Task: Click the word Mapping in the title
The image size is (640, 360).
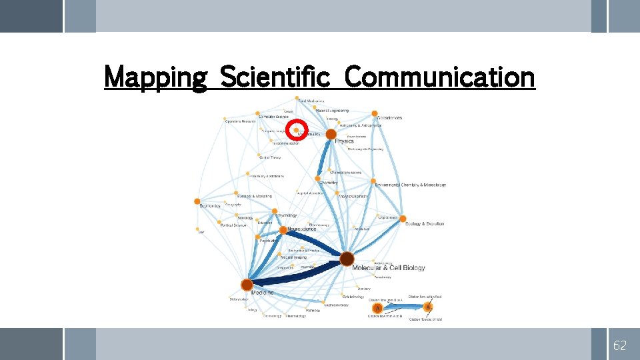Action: (x=156, y=77)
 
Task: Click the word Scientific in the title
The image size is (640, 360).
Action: (x=274, y=77)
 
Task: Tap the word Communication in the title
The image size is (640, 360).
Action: (x=440, y=77)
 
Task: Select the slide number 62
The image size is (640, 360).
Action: (x=620, y=345)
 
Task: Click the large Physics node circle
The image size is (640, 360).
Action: (x=331, y=134)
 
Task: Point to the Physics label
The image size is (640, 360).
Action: (x=344, y=141)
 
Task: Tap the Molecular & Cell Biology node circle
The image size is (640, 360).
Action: (x=347, y=258)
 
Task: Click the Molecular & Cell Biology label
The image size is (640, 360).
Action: (x=388, y=268)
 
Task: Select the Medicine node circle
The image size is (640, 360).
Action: (x=247, y=285)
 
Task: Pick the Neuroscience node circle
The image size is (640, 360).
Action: (x=283, y=230)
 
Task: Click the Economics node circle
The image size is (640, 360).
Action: (x=197, y=201)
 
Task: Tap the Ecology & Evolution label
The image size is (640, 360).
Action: (x=425, y=224)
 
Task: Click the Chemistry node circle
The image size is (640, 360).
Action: (x=318, y=178)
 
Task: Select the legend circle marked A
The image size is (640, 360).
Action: (x=378, y=307)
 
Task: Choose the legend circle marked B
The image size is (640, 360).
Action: (x=428, y=307)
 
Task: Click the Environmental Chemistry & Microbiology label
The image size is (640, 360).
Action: (x=410, y=185)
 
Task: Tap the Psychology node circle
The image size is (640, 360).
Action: (x=275, y=211)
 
